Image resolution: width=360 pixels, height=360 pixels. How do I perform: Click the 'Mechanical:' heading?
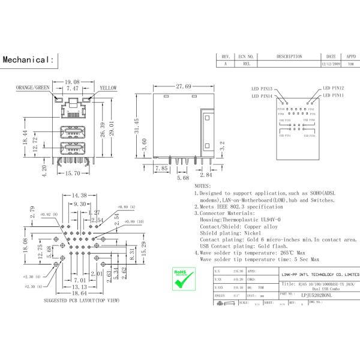tap(29, 60)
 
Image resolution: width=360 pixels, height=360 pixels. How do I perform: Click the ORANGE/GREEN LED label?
tap(33, 88)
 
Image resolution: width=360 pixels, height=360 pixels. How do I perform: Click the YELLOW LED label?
tap(108, 88)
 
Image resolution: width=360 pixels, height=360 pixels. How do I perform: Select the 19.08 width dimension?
tap(73, 82)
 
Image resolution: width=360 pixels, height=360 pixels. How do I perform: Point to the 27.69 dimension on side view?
tap(184, 87)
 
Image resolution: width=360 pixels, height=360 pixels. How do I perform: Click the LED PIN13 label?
tap(262, 88)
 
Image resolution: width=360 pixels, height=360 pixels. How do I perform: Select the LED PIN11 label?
tap(333, 95)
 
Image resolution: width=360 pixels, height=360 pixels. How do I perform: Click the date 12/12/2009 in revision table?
tap(331, 63)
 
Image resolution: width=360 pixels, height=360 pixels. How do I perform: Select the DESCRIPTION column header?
tap(289, 56)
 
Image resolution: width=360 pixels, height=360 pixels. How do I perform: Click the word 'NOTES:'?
tap(203, 187)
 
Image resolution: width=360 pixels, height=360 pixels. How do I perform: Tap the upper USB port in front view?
tap(72, 134)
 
